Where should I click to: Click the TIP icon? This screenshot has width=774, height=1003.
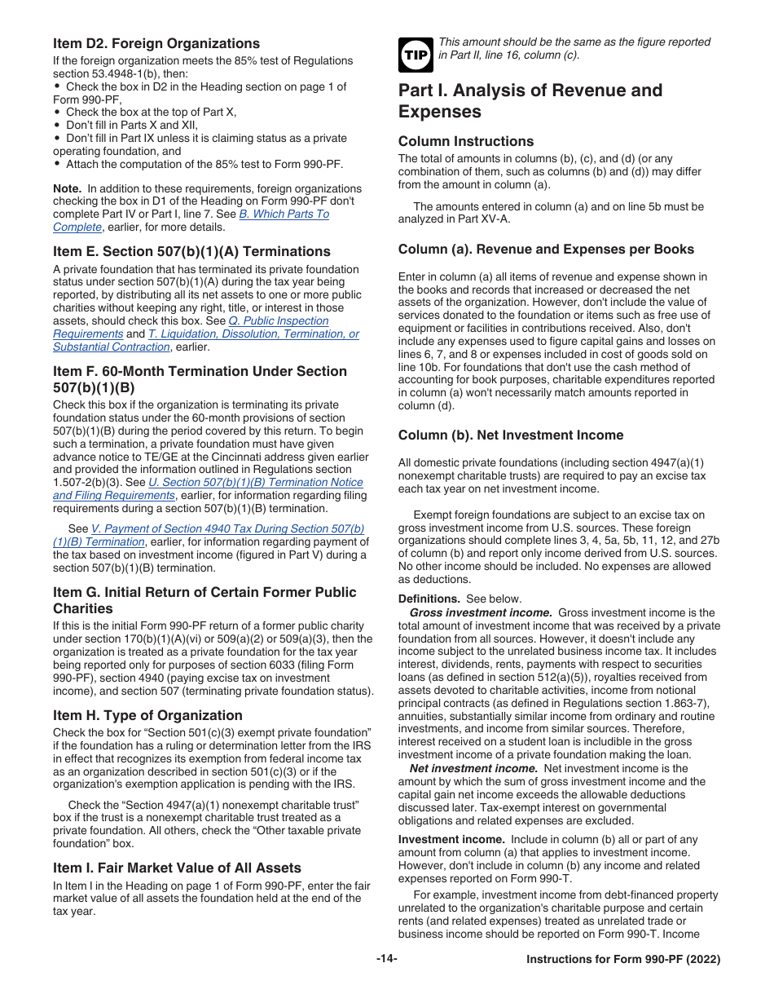pos(414,55)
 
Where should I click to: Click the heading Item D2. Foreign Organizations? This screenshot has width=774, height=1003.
pos(156,43)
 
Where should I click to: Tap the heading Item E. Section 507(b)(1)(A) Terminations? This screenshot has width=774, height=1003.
pos(191,251)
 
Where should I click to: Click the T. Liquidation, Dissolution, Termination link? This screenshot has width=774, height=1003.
pos(253,334)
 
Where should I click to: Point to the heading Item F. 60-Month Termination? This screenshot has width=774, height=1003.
pos(200,371)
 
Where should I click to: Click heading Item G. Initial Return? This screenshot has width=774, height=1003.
pos(204,592)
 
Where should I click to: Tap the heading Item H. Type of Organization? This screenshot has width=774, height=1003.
pos(147,715)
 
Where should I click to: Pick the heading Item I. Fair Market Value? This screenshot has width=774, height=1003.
pos(177,868)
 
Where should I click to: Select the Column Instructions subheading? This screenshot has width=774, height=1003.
pos(466,141)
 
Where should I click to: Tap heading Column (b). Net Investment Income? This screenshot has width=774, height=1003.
pos(511,435)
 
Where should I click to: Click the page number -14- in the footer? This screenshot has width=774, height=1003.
pos(387,959)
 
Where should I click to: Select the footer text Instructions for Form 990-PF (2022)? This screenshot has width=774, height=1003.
pos(623,960)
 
